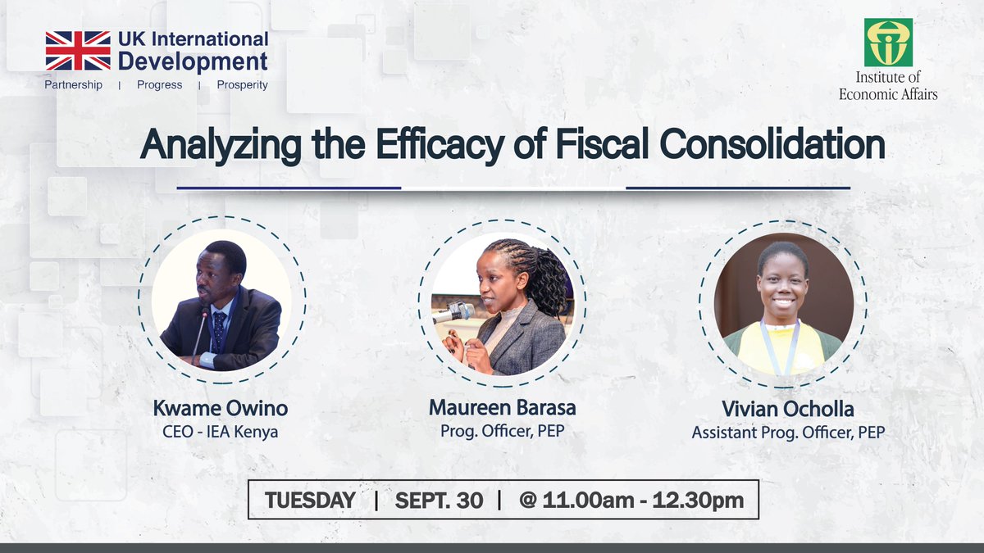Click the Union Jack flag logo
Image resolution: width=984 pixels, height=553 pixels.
[x=78, y=50]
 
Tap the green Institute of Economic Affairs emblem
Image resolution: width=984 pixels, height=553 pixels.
[x=887, y=43]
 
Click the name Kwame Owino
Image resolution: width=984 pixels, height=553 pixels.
[x=221, y=409]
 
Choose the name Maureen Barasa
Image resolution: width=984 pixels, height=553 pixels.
[x=501, y=409]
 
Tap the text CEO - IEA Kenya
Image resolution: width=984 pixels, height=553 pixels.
[x=221, y=431]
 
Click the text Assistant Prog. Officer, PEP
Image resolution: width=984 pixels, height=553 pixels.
[x=788, y=433]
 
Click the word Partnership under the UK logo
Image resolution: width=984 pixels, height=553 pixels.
[x=74, y=85]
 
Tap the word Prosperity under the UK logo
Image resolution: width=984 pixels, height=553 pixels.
[x=242, y=85]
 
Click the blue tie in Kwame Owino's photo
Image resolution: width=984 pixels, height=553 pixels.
[x=219, y=328]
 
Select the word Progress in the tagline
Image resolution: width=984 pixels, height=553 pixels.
[x=160, y=85]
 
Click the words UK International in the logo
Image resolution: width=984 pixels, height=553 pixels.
[x=193, y=39]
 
